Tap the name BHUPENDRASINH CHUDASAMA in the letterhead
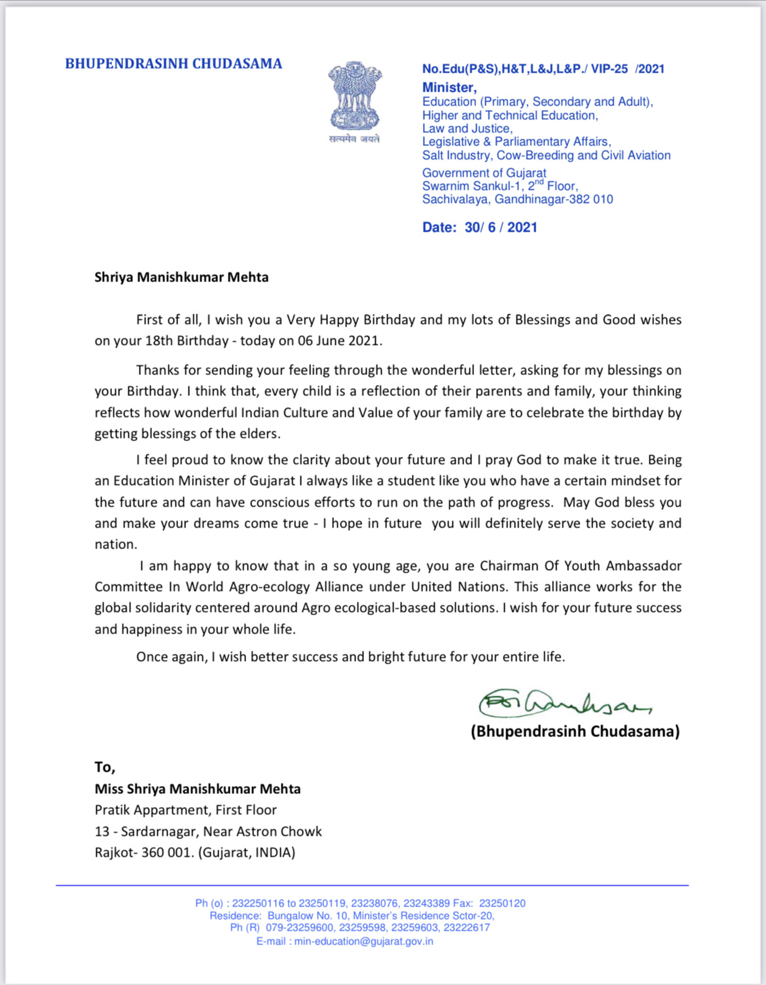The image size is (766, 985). pyautogui.click(x=173, y=63)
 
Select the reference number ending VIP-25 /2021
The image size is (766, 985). pyautogui.click(x=543, y=69)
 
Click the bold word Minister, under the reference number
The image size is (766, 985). pyautogui.click(x=449, y=87)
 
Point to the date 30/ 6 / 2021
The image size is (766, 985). pyautogui.click(x=501, y=227)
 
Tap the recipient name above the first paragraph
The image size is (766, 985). pyautogui.click(x=181, y=277)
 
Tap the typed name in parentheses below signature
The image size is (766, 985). pyautogui.click(x=575, y=731)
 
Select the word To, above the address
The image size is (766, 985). pyautogui.click(x=105, y=767)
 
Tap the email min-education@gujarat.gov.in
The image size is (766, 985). pyautogui.click(x=363, y=941)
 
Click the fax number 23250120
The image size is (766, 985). pyautogui.click(x=502, y=903)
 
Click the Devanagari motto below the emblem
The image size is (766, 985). pyautogui.click(x=354, y=139)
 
